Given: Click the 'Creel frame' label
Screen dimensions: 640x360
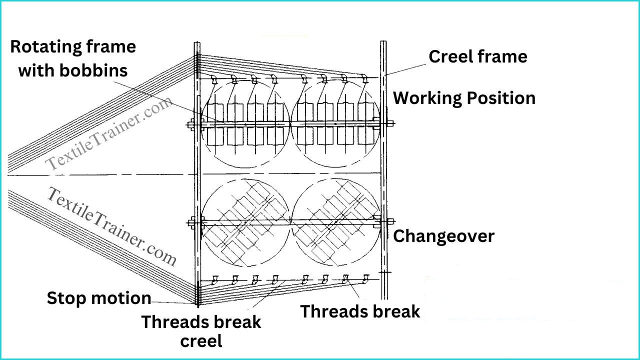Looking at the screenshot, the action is (x=477, y=56).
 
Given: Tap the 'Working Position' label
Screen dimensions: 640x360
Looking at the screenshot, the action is (x=464, y=98).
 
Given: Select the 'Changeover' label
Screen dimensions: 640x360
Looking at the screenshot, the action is (x=443, y=236).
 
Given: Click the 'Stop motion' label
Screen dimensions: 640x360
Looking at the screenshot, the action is (x=99, y=298).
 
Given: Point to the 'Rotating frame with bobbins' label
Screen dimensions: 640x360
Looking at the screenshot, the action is (x=73, y=58).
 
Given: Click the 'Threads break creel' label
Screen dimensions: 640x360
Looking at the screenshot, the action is (x=201, y=331).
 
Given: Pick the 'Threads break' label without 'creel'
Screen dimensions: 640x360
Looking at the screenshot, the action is (x=360, y=311).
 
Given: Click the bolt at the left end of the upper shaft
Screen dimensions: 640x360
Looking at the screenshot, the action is (x=191, y=124).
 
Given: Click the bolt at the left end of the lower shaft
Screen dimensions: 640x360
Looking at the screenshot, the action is (x=191, y=223).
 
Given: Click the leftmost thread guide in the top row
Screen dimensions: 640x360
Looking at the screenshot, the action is (x=213, y=79).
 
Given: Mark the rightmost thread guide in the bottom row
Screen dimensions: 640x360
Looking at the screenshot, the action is (x=365, y=278).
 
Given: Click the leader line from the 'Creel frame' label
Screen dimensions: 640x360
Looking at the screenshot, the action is (x=406, y=69).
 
